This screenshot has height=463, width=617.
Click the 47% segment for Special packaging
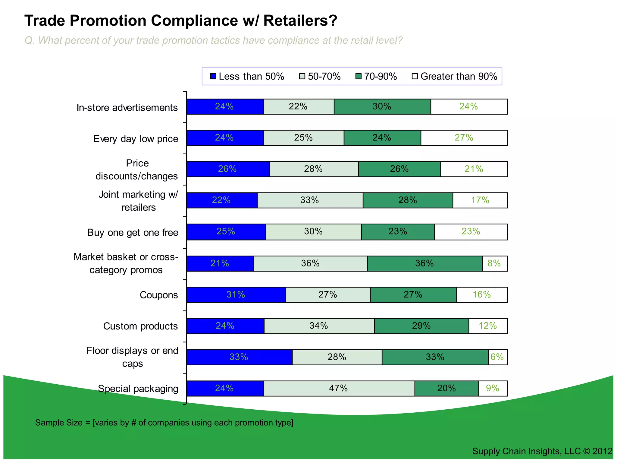coord(339,388)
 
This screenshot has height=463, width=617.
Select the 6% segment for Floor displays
coord(498,357)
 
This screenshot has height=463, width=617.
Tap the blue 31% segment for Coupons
coord(236,295)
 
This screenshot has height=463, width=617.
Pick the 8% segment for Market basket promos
coord(495,263)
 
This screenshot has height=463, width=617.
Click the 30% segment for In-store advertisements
coord(382,107)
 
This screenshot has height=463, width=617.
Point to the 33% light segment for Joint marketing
coord(310,200)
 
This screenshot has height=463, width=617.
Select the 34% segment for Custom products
coord(319,326)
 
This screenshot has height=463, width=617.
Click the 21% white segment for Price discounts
coord(474,169)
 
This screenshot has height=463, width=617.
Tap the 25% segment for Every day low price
coord(303,138)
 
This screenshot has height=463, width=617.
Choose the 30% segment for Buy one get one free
coord(313,231)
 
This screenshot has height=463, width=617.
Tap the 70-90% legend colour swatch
coord(359,77)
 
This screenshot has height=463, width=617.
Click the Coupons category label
coord(159,295)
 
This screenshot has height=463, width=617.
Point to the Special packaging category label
coord(138,389)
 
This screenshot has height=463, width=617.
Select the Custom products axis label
coord(140,326)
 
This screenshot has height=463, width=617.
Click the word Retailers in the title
coord(300,21)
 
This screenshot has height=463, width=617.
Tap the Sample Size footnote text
coord(164,423)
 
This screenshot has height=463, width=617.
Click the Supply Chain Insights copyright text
coord(542,451)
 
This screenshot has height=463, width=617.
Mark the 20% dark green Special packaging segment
coord(446,388)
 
